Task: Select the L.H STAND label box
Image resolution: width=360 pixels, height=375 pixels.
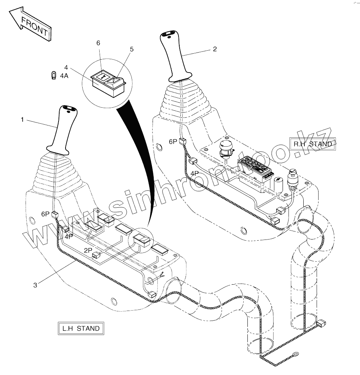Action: [x=81, y=328]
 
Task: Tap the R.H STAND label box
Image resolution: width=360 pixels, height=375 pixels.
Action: [x=313, y=144]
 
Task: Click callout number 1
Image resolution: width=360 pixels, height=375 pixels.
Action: [x=22, y=120]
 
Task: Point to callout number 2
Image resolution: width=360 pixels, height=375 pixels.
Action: [x=215, y=49]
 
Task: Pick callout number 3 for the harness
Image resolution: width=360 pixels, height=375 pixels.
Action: [x=35, y=285]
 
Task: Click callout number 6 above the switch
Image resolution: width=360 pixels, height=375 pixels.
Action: [x=98, y=43]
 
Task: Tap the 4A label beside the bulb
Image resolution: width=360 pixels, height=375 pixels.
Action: [x=64, y=76]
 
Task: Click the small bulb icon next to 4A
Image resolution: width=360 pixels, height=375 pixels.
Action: [x=54, y=76]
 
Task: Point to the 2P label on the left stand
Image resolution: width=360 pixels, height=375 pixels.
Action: [x=88, y=250]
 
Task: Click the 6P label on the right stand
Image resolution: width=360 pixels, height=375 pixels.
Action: [x=173, y=141]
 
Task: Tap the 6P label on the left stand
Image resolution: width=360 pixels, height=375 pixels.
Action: [x=45, y=214]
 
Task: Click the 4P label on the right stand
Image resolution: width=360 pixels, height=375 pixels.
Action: [x=194, y=173]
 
